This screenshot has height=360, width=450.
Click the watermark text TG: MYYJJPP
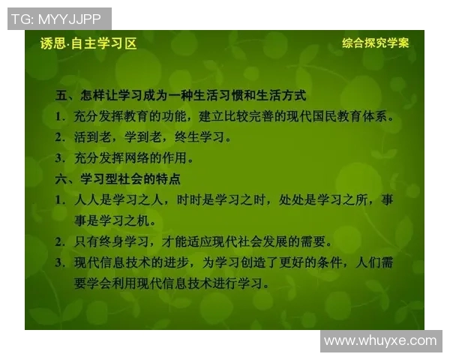pyautogui.click(x=58, y=19)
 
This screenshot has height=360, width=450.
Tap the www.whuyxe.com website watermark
pyautogui.click(x=380, y=341)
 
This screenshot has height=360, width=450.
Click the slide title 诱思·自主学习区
pyautogui.click(x=88, y=43)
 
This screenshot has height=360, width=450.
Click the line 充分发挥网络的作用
pyautogui.click(x=134, y=158)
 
